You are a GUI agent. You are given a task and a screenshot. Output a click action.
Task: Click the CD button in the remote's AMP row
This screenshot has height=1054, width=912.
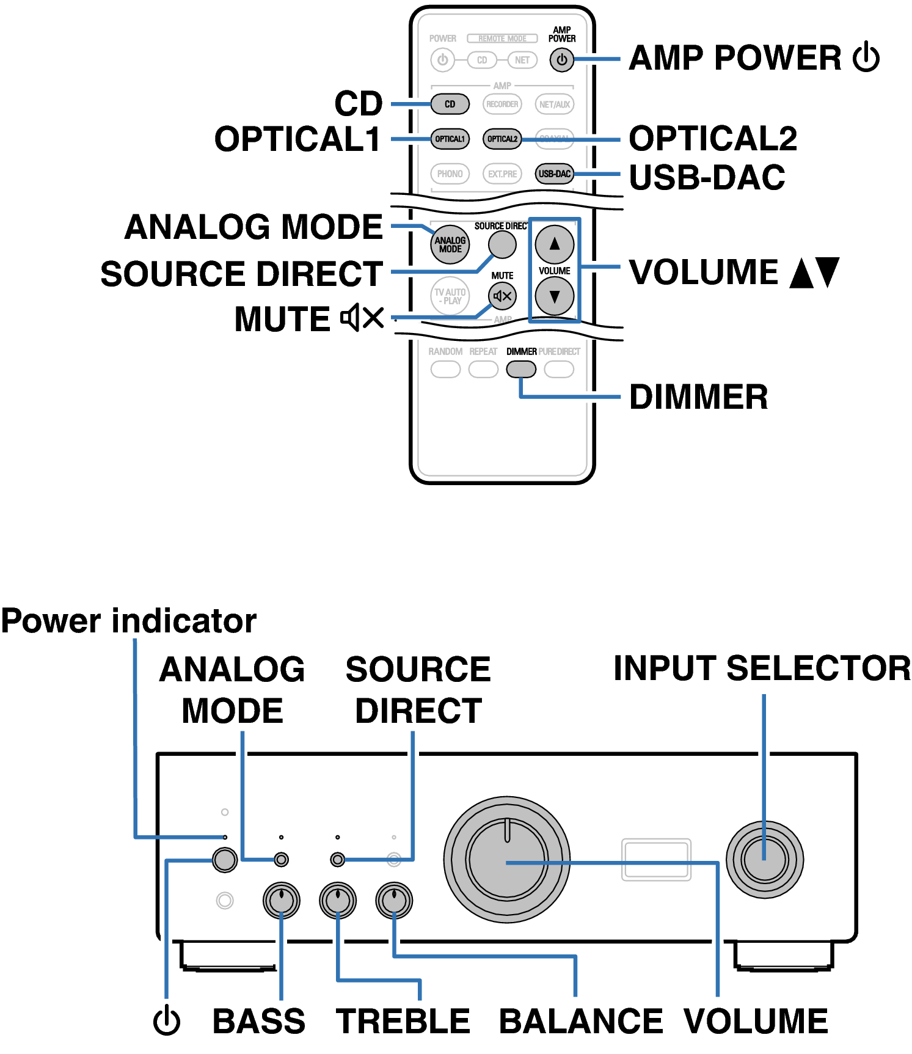[x=450, y=104]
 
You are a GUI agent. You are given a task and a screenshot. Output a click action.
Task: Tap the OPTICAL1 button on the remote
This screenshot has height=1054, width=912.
[x=450, y=139]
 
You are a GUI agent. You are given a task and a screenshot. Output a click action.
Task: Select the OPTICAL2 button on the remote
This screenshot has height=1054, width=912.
[x=502, y=139]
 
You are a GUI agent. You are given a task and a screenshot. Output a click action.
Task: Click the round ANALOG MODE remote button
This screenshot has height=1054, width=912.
[x=450, y=244]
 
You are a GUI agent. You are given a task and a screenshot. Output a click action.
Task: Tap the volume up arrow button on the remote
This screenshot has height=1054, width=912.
[x=554, y=244]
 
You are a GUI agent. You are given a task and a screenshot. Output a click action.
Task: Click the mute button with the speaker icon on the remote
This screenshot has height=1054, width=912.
[x=502, y=296]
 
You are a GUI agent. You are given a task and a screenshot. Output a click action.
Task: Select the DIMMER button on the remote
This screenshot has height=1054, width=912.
[x=521, y=369]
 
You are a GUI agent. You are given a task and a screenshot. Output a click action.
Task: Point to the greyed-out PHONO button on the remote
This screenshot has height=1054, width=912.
[x=450, y=174]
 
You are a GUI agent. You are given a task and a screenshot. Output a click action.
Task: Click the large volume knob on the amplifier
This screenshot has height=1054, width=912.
[x=507, y=860]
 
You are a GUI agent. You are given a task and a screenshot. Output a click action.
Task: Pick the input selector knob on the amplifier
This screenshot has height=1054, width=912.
[x=764, y=860]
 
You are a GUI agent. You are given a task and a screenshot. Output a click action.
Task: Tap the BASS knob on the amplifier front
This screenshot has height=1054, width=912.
[x=281, y=900]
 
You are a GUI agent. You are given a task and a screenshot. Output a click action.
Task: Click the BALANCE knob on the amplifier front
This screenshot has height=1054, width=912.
[x=394, y=900]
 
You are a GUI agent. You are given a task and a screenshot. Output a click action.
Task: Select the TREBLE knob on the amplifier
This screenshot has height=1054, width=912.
[x=338, y=900]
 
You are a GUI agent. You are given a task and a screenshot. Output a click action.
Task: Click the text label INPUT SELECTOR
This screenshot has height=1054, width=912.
[x=762, y=668]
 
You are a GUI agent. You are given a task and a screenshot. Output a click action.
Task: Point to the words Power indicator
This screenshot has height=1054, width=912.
[x=129, y=621]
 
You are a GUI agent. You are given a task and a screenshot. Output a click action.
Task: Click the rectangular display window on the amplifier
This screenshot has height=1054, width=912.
[x=656, y=860]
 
